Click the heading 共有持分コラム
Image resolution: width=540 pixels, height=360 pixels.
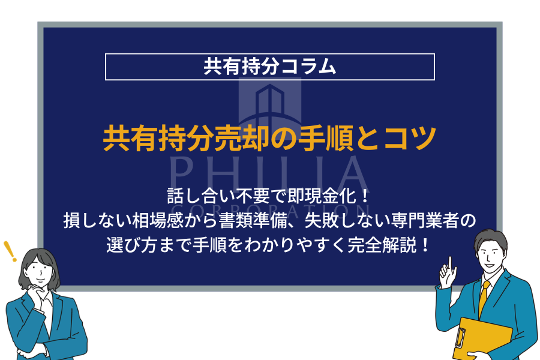tap(269, 66)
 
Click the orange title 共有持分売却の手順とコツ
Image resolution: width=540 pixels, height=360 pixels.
tap(269, 139)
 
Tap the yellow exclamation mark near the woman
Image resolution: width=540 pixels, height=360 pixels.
tap(10, 251)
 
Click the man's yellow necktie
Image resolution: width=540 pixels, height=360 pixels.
tap(484, 299)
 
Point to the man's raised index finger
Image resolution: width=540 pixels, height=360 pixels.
tap(450, 264)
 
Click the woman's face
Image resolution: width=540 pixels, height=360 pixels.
tap(40, 270)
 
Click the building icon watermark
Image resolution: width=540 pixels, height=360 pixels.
tap(269, 103)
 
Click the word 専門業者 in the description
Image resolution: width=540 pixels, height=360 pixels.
tap(425, 220)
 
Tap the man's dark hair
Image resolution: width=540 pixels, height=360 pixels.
tap(491, 240)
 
